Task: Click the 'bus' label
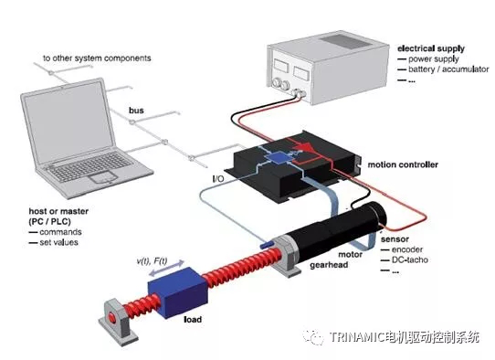point(136,111)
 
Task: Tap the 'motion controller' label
point(403,164)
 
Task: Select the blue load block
point(178,292)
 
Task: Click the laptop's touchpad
point(101,177)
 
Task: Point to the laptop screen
point(68,122)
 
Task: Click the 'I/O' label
point(218,179)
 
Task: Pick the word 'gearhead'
point(329,265)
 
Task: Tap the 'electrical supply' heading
point(431,48)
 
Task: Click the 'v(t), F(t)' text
point(152,261)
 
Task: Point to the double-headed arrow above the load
point(166,268)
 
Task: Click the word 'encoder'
point(407,249)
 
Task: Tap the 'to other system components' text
point(97,58)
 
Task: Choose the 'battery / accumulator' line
point(448,69)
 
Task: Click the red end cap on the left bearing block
point(111,317)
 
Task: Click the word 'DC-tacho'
point(410,259)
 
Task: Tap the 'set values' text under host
point(58,242)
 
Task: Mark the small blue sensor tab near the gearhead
point(267,244)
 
